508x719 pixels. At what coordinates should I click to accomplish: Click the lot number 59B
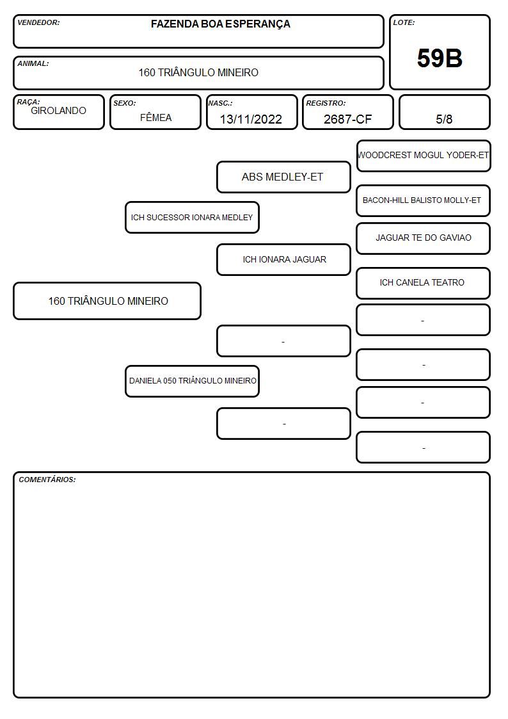click(x=440, y=58)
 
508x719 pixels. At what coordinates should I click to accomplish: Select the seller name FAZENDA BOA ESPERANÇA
click(x=220, y=24)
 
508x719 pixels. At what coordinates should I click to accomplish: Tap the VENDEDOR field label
click(x=38, y=22)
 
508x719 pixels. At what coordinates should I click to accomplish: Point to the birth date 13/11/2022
click(x=251, y=119)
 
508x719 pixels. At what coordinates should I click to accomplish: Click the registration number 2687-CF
click(x=347, y=119)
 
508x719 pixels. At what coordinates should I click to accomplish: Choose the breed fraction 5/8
click(x=444, y=119)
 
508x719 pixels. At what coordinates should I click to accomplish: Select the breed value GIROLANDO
click(x=58, y=111)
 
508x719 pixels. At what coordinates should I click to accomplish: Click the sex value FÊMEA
click(x=155, y=117)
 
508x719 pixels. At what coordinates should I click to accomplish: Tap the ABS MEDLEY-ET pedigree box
click(x=283, y=177)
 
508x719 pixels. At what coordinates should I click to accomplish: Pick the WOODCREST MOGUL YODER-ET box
click(x=424, y=156)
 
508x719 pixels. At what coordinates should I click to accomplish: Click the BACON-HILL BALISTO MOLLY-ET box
click(x=424, y=200)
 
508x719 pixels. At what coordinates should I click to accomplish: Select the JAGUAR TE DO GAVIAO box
click(x=424, y=238)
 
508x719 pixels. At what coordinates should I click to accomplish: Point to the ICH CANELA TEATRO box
click(x=424, y=283)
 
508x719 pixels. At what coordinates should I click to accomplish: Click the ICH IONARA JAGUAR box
click(x=283, y=259)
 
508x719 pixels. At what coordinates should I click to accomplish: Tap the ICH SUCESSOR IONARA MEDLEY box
click(x=192, y=217)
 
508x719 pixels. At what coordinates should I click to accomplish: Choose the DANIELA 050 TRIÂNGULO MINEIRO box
click(x=192, y=381)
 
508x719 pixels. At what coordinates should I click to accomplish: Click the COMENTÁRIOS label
click(x=47, y=480)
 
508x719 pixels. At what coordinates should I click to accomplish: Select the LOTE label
click(x=404, y=22)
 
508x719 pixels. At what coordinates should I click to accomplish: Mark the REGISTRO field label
click(x=326, y=103)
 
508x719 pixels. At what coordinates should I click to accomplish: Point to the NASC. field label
click(x=220, y=103)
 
